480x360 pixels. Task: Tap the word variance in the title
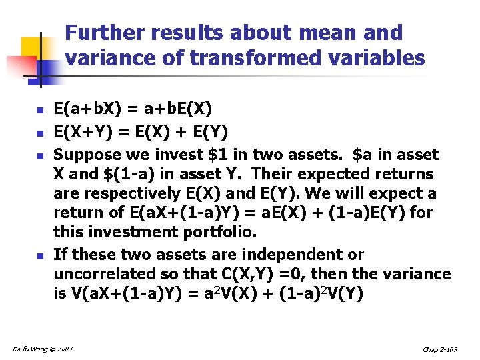(105, 59)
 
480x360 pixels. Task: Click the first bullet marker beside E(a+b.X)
(40, 109)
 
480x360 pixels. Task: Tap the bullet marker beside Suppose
(40, 155)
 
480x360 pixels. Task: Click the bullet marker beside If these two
(40, 255)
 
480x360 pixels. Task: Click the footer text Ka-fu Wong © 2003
(43, 348)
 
